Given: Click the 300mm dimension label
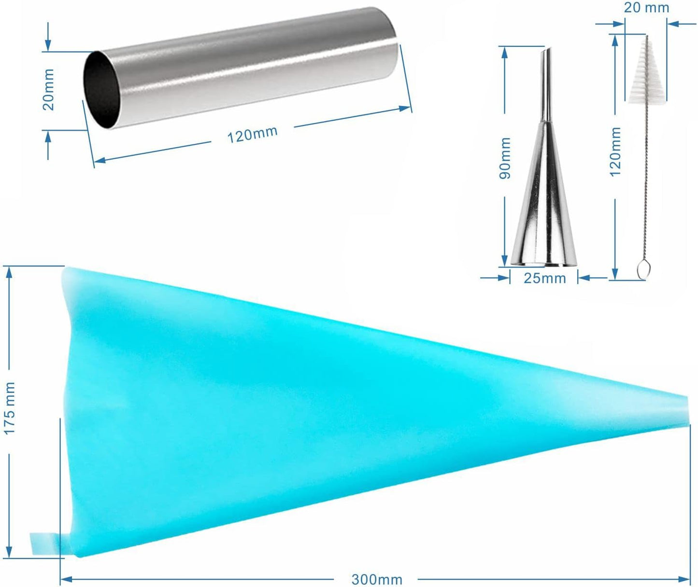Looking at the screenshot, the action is (x=377, y=579).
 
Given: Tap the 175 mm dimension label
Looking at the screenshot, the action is (x=9, y=408).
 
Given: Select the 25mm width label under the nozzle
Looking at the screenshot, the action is (x=544, y=278).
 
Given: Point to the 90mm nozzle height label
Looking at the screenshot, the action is (x=505, y=158).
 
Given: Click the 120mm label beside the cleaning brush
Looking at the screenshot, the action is (x=615, y=152).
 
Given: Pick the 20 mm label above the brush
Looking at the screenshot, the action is (x=646, y=7).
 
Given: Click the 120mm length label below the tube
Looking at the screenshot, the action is (x=252, y=134).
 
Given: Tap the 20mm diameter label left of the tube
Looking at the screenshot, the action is (x=48, y=89).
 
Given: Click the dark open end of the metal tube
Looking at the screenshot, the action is (x=101, y=89).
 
